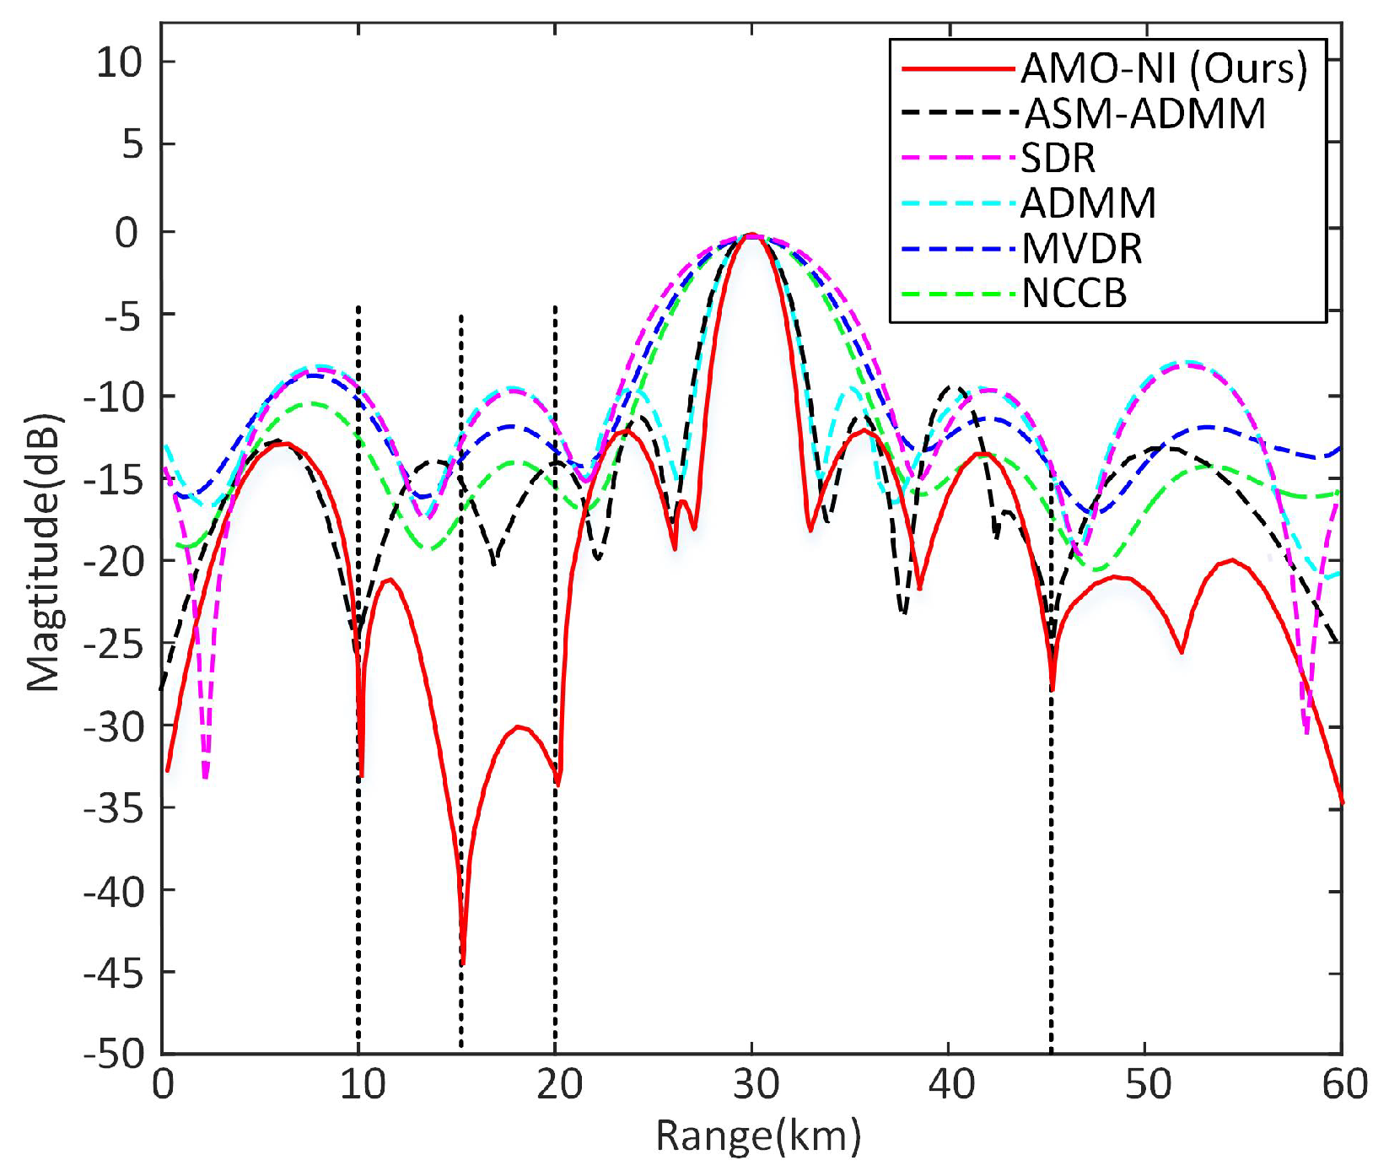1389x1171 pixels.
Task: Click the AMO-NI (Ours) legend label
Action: (x=1164, y=68)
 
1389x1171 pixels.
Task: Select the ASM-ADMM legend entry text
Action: (x=1144, y=114)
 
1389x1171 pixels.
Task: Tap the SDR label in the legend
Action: (x=1058, y=159)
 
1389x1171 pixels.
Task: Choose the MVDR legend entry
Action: (x=1082, y=249)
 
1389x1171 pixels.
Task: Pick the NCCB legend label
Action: (x=1074, y=294)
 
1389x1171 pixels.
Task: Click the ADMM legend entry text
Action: (x=1089, y=203)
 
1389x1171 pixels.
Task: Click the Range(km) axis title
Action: (x=758, y=1136)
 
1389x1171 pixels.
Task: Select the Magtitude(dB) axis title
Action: (x=44, y=553)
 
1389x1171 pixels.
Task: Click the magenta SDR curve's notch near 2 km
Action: (x=206, y=774)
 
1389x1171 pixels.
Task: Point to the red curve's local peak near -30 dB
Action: (x=519, y=726)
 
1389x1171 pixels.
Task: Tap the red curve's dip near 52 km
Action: (x=1182, y=650)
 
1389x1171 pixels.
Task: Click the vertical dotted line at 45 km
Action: (x=1052, y=844)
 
